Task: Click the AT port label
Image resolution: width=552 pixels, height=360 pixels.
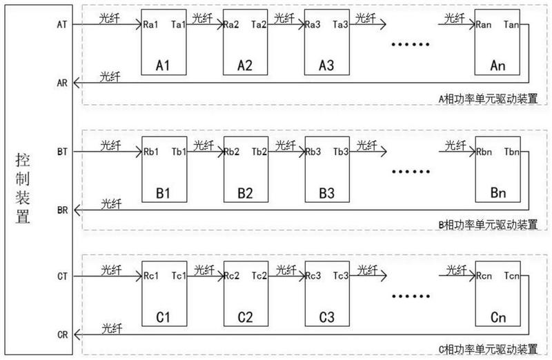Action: [x=62, y=25]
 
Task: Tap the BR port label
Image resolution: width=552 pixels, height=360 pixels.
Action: [x=62, y=210]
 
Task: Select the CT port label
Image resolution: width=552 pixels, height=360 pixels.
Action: [x=62, y=277]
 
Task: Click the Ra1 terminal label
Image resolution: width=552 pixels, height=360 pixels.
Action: [x=150, y=25]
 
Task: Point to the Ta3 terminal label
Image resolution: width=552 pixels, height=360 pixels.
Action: [x=340, y=25]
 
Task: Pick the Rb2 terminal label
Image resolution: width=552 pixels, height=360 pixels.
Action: [x=232, y=152]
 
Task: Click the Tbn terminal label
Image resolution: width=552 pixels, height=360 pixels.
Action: [x=512, y=152]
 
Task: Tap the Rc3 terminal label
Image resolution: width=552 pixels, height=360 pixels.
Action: [x=313, y=276]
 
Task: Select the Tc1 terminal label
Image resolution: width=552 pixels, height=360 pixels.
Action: [x=179, y=276]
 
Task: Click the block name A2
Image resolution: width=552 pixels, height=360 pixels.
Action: [x=245, y=66]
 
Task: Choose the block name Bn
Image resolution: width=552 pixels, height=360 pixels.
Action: [x=497, y=193]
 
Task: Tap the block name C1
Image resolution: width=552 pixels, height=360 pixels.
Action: [x=163, y=317]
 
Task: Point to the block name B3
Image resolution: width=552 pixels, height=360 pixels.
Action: [x=326, y=193]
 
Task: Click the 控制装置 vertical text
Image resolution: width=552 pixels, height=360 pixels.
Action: [x=22, y=189]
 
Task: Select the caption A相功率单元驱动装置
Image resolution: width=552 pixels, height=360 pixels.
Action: [x=488, y=99]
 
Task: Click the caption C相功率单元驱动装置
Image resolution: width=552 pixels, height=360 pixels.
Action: [x=488, y=349]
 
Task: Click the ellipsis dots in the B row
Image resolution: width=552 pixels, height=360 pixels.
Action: [x=411, y=172]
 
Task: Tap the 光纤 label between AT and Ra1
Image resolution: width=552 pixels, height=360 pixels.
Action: [x=110, y=18]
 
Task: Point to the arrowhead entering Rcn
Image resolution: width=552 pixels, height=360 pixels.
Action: [x=471, y=276]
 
